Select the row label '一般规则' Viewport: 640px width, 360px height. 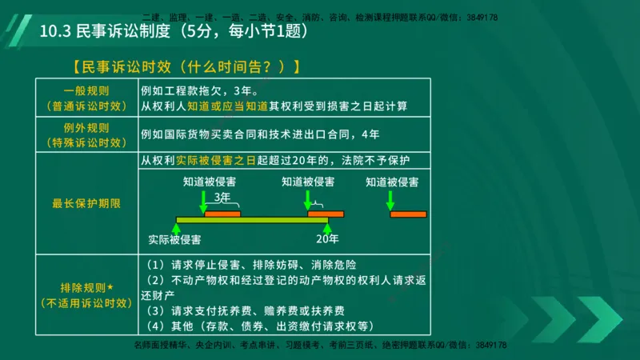pos(86,90)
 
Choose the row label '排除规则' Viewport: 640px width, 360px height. pos(86,286)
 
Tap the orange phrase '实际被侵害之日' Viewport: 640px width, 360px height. pos(217,160)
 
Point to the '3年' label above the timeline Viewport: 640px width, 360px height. pos(222,197)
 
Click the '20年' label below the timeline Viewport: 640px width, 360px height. pos(327,238)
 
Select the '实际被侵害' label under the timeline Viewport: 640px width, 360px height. pos(174,238)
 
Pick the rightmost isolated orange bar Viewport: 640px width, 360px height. pos(408,214)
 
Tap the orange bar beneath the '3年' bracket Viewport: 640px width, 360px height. pos(222,214)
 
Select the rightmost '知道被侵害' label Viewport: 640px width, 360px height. pos(392,182)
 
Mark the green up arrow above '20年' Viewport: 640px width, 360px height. pos(326,229)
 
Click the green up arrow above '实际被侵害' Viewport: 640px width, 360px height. pos(174,229)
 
